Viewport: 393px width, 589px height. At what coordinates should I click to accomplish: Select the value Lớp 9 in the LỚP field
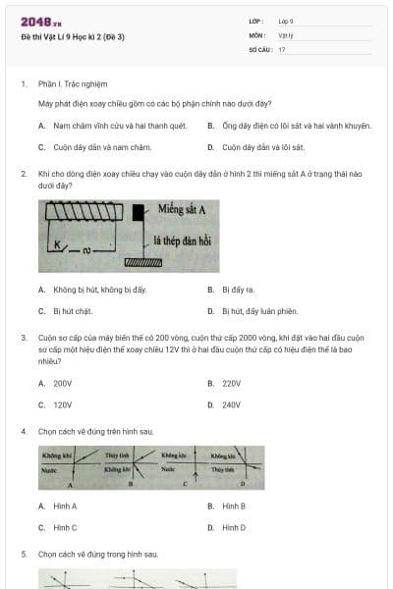click(286, 21)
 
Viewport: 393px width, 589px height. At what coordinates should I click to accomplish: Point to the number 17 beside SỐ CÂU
click(282, 49)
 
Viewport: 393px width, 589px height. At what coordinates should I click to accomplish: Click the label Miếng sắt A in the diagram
click(184, 207)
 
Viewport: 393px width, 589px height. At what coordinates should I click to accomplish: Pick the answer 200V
click(63, 383)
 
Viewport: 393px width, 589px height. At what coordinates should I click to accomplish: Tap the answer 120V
click(63, 404)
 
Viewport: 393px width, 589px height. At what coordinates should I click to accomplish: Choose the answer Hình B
click(234, 506)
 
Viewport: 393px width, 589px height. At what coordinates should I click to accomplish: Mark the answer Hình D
click(234, 527)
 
